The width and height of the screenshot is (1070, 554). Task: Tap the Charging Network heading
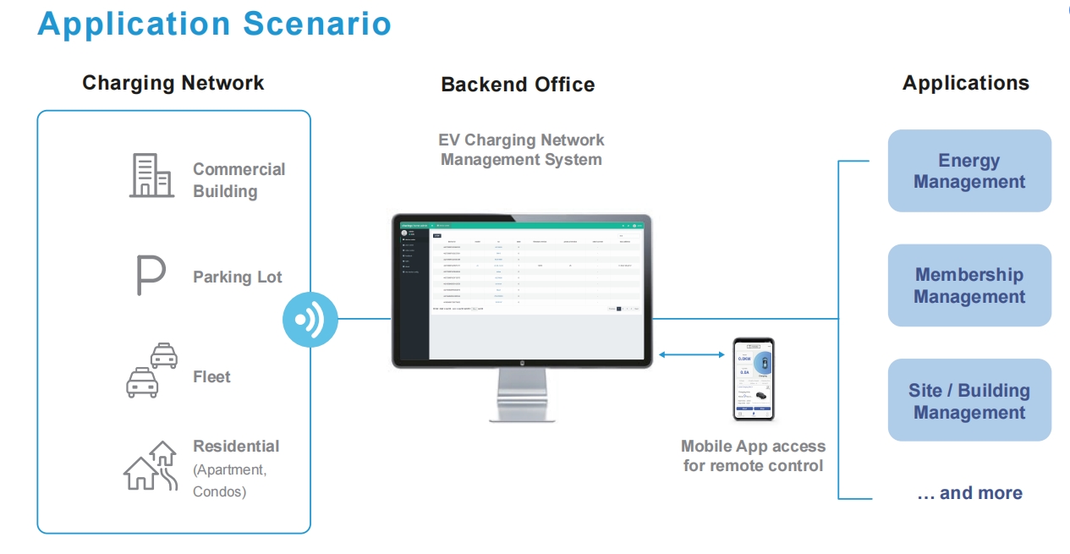pos(173,83)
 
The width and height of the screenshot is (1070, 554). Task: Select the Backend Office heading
pos(518,85)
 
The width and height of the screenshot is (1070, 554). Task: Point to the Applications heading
pos(965,83)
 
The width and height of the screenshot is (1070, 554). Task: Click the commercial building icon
pos(151,176)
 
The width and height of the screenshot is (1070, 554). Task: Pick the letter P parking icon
pos(150,276)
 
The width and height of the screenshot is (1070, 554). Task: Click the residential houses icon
pos(151,466)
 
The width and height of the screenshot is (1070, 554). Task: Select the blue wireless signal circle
pos(310,320)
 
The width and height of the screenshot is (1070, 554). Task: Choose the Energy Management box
pos(968,171)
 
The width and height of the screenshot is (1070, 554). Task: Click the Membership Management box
pos(968,285)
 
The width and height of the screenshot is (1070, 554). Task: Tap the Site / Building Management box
pos(968,401)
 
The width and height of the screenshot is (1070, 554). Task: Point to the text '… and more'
pos(969,493)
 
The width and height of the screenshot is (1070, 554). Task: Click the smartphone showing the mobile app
pos(754,379)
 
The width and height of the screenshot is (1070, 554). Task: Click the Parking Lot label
pos(237,277)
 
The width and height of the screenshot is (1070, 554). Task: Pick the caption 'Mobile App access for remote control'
pos(753,456)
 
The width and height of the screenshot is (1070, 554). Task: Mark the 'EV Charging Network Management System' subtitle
pos(521,150)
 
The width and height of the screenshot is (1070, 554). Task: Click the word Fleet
pos(211,376)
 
